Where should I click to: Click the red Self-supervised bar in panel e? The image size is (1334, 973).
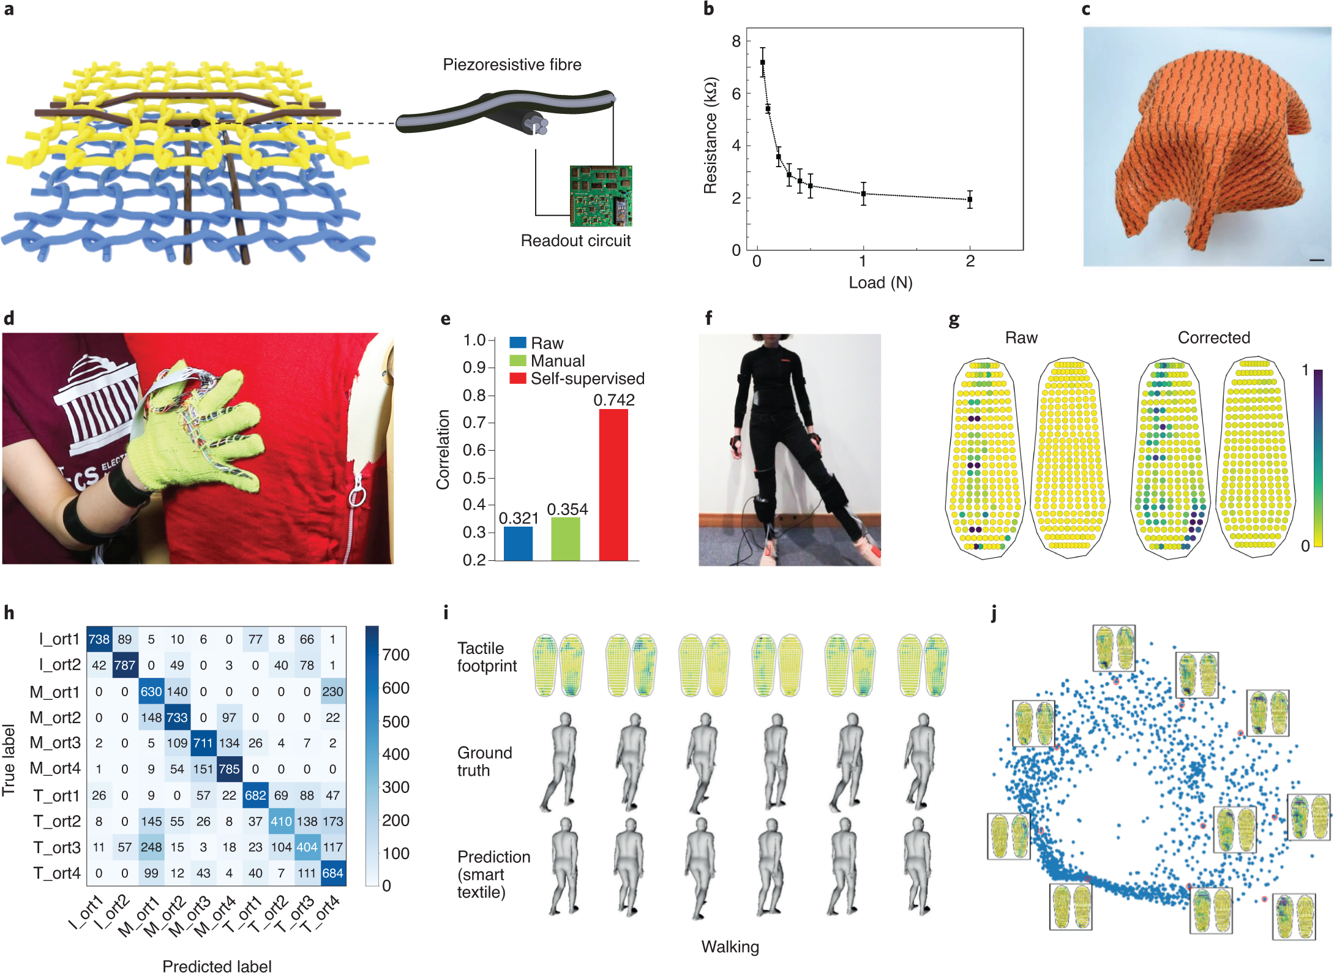pyautogui.click(x=613, y=484)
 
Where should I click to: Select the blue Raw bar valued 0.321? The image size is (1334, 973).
pyautogui.click(x=518, y=543)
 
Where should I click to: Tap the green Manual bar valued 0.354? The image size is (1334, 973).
pyautogui.click(x=566, y=539)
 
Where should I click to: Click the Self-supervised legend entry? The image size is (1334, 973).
pyautogui.click(x=586, y=378)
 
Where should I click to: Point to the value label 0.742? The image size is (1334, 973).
pyautogui.click(x=614, y=400)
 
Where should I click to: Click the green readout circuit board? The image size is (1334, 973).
pyautogui.click(x=601, y=195)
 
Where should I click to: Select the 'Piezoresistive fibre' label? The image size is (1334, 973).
pyautogui.click(x=512, y=65)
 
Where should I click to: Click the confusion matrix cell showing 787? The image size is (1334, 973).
pyautogui.click(x=125, y=665)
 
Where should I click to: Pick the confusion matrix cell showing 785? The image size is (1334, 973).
pyautogui.click(x=229, y=768)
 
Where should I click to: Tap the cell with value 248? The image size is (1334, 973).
pyautogui.click(x=151, y=847)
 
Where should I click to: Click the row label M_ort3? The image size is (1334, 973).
pyautogui.click(x=55, y=743)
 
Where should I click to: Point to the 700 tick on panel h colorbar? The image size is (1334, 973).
pyautogui.click(x=395, y=655)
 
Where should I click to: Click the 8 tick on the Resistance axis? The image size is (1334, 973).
pyautogui.click(x=736, y=42)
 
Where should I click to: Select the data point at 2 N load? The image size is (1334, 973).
pyautogui.click(x=970, y=200)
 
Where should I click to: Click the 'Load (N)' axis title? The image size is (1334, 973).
pyautogui.click(x=880, y=282)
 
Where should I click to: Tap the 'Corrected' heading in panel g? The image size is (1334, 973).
pyautogui.click(x=1213, y=337)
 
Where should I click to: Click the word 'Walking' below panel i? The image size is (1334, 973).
pyautogui.click(x=730, y=947)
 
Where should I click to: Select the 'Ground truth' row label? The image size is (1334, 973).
pyautogui.click(x=484, y=761)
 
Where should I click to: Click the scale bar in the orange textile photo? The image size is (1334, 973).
pyautogui.click(x=1316, y=260)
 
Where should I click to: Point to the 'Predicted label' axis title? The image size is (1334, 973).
pyautogui.click(x=217, y=966)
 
